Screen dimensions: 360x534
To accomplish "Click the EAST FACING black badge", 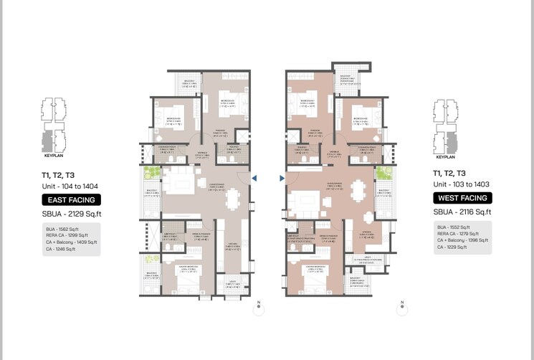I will (71, 200).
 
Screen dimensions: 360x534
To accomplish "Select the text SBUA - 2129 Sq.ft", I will (71, 214).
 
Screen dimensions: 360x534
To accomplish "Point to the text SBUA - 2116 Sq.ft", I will (462, 212).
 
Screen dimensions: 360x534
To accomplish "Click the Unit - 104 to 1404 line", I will (70, 186).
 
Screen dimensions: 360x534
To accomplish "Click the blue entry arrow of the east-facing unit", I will (254, 179).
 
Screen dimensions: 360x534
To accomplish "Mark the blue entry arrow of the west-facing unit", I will (282, 179).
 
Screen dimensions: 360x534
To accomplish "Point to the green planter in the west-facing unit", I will (386, 174).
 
